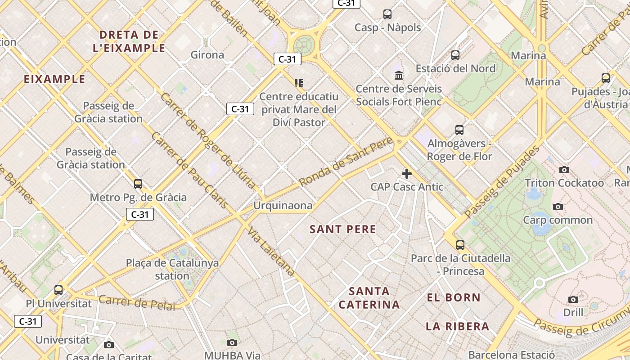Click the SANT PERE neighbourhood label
[343, 229]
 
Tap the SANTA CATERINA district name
[369, 298]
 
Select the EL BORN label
[454, 297]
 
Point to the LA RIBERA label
[457, 326]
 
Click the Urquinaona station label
[283, 206]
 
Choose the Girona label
[207, 55]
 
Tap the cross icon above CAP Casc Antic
[407, 174]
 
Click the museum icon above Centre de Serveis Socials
[399, 75]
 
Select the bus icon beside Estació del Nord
[455, 55]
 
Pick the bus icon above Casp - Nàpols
[387, 14]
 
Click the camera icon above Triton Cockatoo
[564, 170]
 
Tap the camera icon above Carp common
[558, 207]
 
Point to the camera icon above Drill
[573, 299]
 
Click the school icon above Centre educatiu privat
[299, 83]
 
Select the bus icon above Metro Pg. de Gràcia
[138, 184]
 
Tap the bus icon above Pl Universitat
[58, 290]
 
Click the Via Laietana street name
[271, 252]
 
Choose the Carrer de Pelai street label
[136, 302]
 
